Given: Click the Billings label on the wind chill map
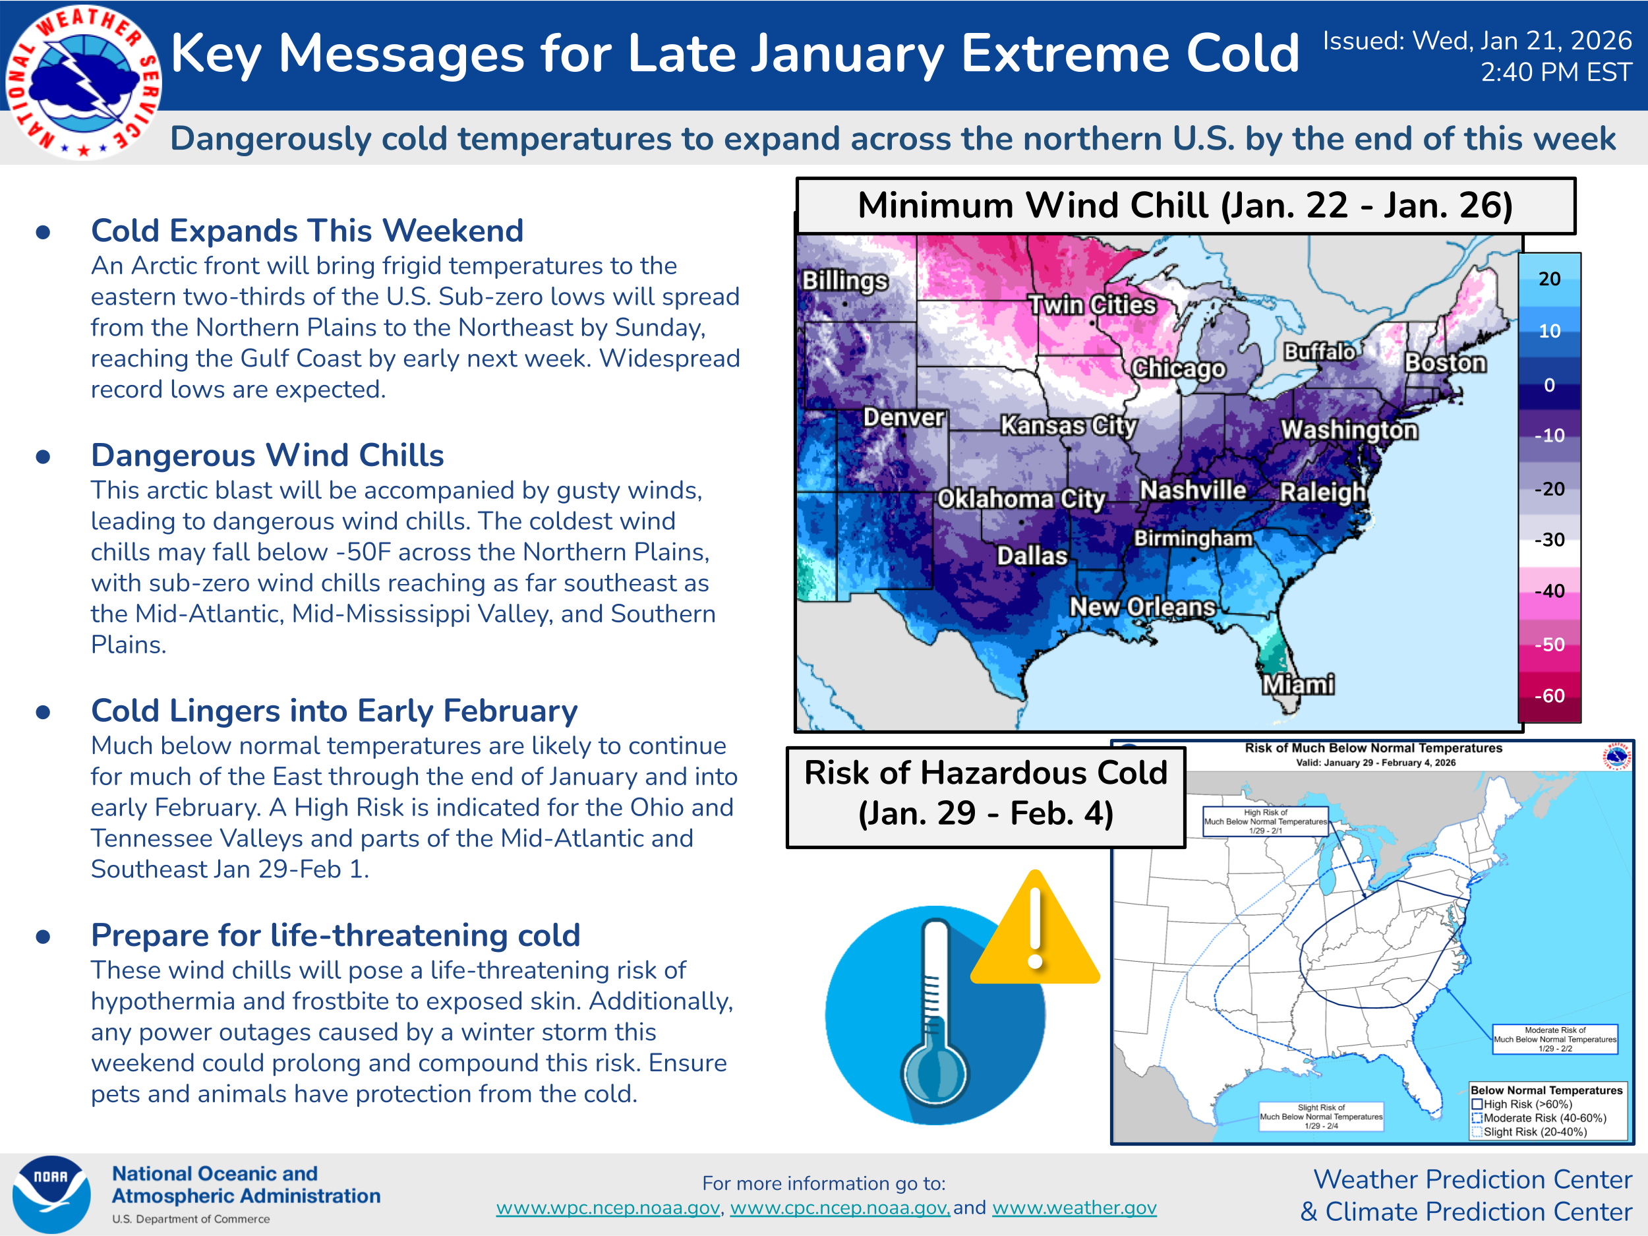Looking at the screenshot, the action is point(845,281).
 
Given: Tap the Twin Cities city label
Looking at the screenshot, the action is point(1092,305).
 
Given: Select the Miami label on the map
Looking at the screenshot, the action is point(1298,684).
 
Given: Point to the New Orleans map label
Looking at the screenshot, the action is point(1143,607).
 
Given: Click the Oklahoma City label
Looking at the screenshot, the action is point(1020,498).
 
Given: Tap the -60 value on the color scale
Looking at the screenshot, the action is point(1549,696).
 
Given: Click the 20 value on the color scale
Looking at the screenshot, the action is point(1550,279).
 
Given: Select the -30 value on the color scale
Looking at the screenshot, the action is point(1549,539).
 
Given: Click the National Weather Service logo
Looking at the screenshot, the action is point(84,82).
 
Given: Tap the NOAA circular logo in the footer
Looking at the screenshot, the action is point(51,1194).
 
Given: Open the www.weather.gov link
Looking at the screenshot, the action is point(1074,1208).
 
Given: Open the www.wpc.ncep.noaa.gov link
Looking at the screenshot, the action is point(608,1208).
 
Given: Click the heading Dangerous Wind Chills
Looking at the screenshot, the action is point(268,456).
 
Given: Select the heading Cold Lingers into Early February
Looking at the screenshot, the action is point(334,711).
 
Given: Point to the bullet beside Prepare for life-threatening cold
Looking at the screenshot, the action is point(44,936).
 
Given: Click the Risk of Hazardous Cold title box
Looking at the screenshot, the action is point(986,796).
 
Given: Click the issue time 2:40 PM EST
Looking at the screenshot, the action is point(1556,73).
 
